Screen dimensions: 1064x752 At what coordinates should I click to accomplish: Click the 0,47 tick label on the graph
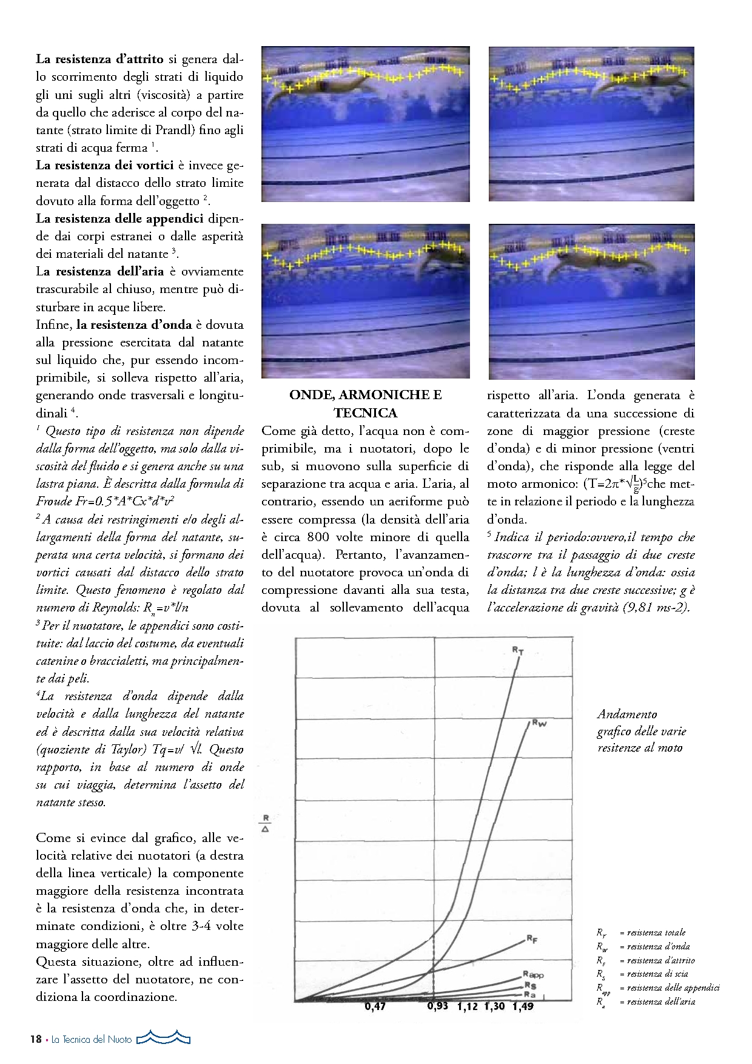tap(375, 1006)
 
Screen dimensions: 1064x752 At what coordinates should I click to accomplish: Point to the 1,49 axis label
tap(523, 1006)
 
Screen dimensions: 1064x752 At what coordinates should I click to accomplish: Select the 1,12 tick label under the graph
tap(468, 1006)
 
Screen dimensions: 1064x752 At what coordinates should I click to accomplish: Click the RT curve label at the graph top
tap(518, 650)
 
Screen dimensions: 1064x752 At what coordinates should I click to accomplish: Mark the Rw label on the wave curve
tap(539, 722)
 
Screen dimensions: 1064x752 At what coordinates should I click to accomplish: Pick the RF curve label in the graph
tap(532, 939)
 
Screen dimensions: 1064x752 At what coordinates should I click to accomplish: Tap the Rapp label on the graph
tap(534, 974)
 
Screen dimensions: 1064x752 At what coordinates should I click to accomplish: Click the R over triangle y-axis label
tap(266, 823)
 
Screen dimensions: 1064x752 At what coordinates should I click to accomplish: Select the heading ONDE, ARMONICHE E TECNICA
tap(365, 403)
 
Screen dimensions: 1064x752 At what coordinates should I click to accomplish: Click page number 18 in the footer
tap(36, 1039)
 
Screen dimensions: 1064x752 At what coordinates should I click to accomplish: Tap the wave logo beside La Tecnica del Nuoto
tap(163, 1038)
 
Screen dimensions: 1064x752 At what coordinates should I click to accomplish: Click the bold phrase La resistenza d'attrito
tap(100, 59)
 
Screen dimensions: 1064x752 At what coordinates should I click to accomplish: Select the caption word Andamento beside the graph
tap(627, 714)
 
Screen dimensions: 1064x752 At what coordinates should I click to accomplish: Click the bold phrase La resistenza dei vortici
tap(105, 165)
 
